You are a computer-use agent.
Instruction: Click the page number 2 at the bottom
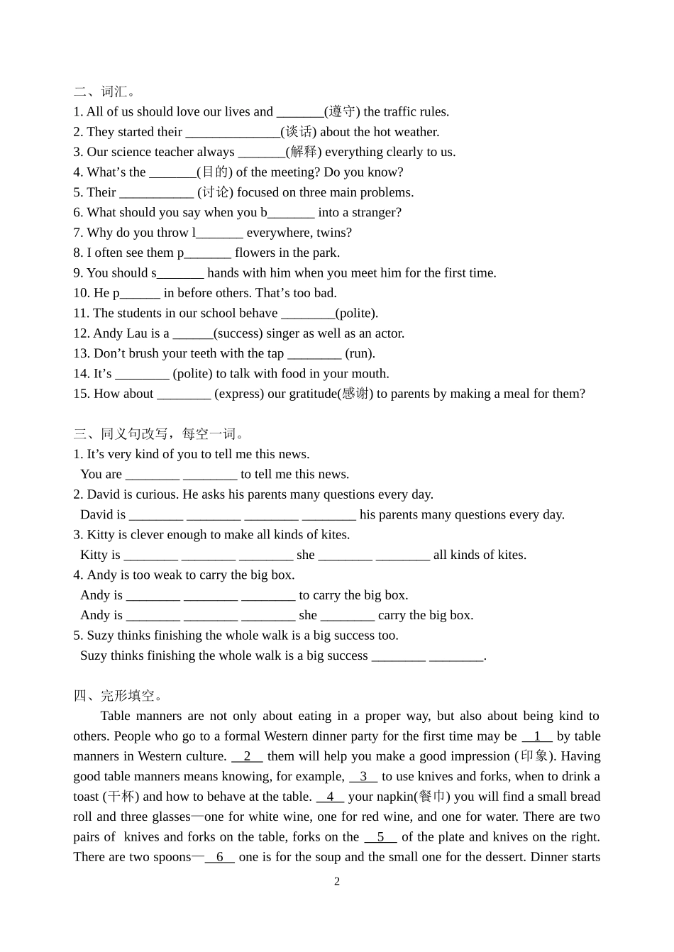(337, 882)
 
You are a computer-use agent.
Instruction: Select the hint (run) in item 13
(360, 353)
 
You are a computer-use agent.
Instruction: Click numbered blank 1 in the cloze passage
(537, 736)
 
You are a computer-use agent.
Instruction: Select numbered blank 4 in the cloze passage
(330, 797)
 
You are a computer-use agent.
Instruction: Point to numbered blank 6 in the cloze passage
(220, 857)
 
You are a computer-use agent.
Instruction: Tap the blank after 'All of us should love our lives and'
(299, 112)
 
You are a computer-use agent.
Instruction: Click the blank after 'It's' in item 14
(142, 374)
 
